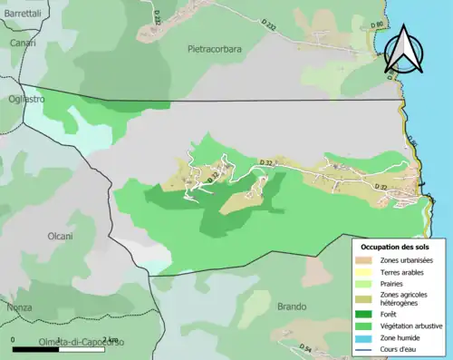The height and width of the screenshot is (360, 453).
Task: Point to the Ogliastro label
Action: click(x=26, y=99)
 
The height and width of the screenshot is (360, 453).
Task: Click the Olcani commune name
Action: click(x=60, y=236)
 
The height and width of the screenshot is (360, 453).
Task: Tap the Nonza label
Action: click(x=18, y=307)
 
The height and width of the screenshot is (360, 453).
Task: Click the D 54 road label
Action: click(x=306, y=348)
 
